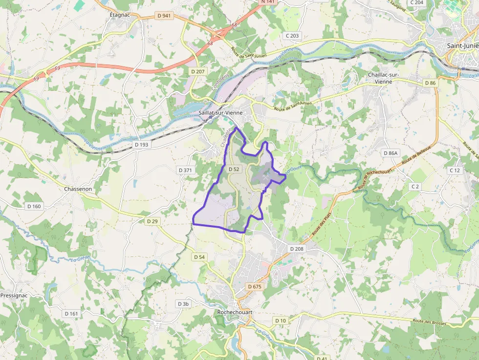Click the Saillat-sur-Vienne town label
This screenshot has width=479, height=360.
click(x=221, y=113)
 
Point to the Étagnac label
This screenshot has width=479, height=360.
click(x=119, y=15)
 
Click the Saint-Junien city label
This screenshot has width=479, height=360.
click(x=462, y=46)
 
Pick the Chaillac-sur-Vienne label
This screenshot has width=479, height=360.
click(x=384, y=78)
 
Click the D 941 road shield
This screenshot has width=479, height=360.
click(x=165, y=16)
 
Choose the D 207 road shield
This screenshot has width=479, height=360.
click(x=198, y=71)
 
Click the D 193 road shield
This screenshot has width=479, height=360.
click(x=141, y=145)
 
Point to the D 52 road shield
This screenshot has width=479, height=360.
click(x=234, y=169)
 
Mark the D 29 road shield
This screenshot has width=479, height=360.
click(x=152, y=221)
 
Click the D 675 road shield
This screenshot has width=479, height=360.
click(x=255, y=287)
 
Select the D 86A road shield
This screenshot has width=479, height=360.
click(x=391, y=153)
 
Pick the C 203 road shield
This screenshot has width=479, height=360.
click(x=292, y=36)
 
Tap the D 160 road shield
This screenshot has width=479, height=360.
click(x=34, y=206)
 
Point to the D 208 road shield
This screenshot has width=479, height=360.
click(x=297, y=249)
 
